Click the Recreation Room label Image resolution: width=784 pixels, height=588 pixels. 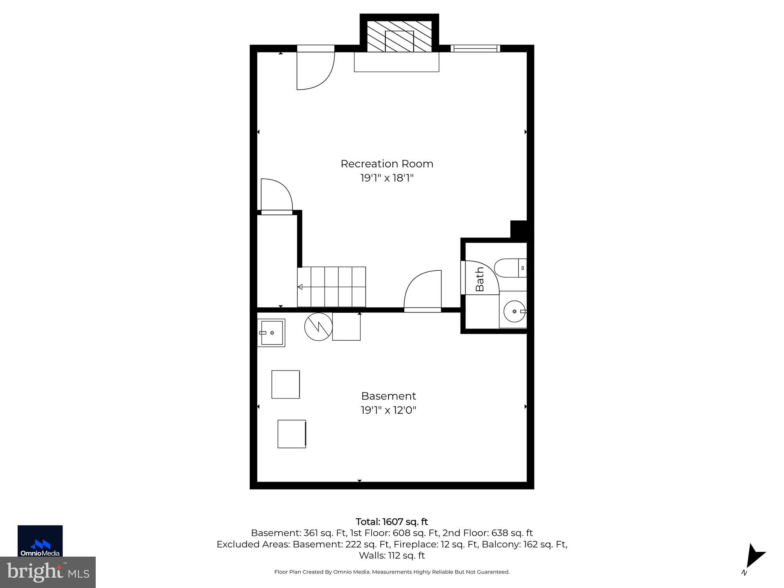(x=387, y=164)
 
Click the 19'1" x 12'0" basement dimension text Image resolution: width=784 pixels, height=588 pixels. (x=388, y=410)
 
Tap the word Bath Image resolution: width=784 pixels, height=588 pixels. (x=480, y=279)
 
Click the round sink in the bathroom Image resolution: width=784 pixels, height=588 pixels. (x=514, y=312)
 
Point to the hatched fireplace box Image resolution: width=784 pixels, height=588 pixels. (x=399, y=36)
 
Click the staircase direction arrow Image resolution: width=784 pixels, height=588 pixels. (x=300, y=287)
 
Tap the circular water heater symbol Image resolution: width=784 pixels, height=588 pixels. (x=318, y=327)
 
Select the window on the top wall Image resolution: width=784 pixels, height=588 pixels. (x=475, y=48)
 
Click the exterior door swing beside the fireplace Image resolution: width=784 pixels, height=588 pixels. (x=315, y=71)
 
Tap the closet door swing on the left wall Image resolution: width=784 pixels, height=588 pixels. (x=276, y=195)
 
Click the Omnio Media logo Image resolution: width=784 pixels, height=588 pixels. (x=40, y=541)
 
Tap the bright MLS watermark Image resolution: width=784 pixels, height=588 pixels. (x=47, y=572)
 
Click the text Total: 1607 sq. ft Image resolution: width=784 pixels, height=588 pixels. (x=392, y=522)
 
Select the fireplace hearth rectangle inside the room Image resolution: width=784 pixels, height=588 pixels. (x=396, y=62)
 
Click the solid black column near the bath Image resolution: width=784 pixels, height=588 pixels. (x=520, y=230)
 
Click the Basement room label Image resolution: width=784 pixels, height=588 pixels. (x=388, y=396)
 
